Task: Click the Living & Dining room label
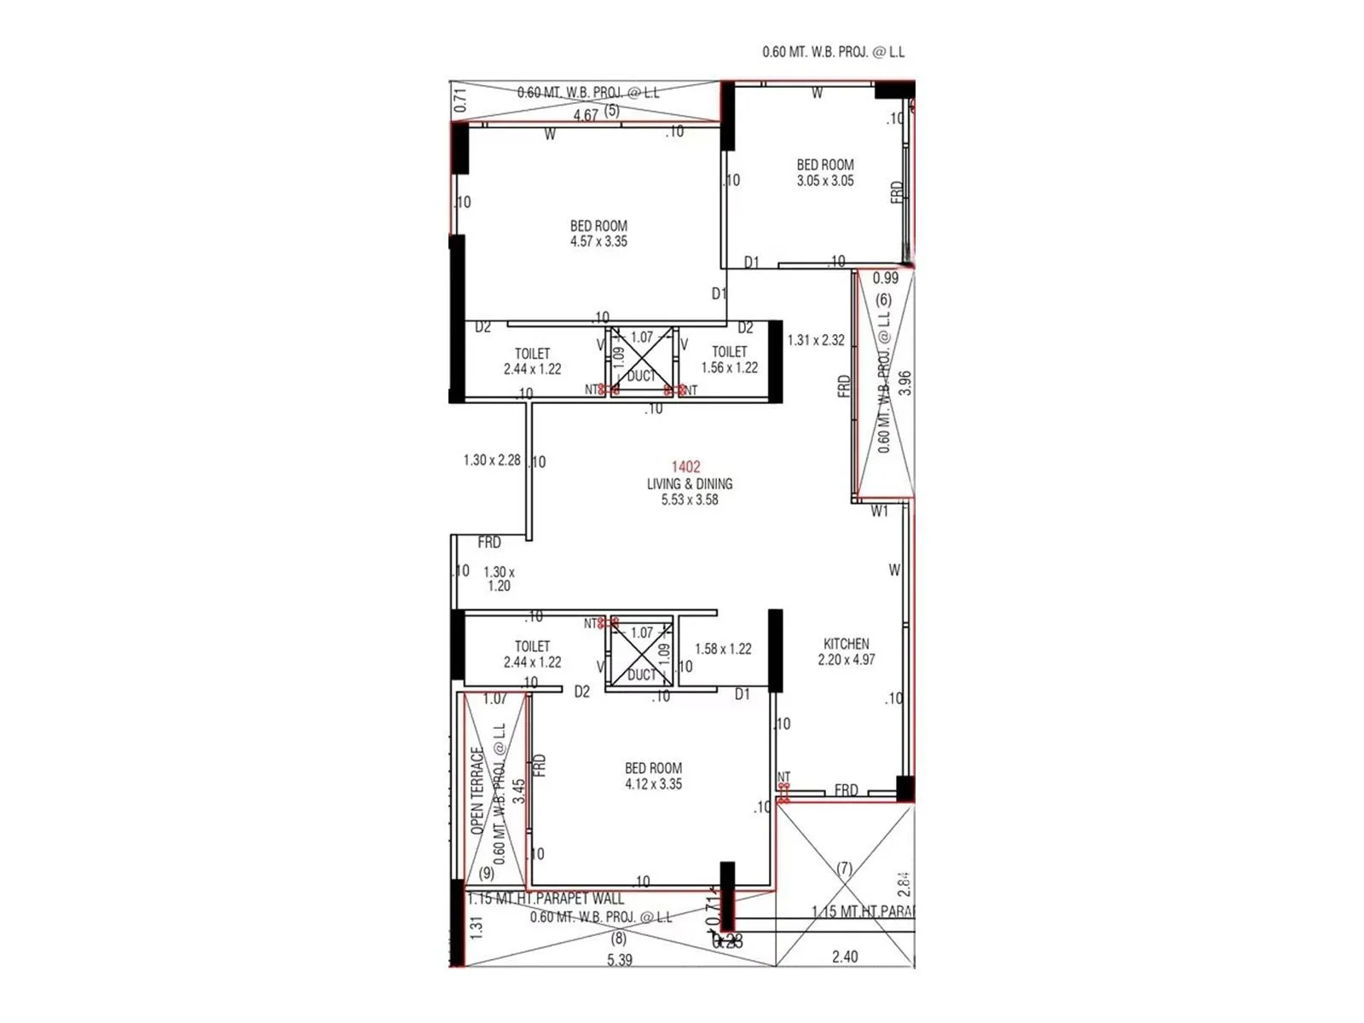[689, 484]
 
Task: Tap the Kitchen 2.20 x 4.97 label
[846, 651]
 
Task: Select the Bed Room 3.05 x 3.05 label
[824, 172]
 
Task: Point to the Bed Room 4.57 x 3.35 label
[598, 234]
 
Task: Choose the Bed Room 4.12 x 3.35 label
[653, 776]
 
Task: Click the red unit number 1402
[685, 466]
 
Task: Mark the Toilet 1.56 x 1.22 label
[729, 360]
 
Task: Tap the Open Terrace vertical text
[477, 791]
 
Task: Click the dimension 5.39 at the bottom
[619, 960]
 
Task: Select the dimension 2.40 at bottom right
[844, 957]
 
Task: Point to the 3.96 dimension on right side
[905, 382]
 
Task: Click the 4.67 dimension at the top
[585, 115]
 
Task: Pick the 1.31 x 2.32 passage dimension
[815, 340]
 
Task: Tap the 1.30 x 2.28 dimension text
[491, 460]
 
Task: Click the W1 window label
[879, 511]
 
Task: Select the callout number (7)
[844, 868]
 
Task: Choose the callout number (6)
[883, 299]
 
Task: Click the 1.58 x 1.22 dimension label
[723, 649]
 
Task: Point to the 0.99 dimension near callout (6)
[885, 278]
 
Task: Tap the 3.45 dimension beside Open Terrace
[518, 791]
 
